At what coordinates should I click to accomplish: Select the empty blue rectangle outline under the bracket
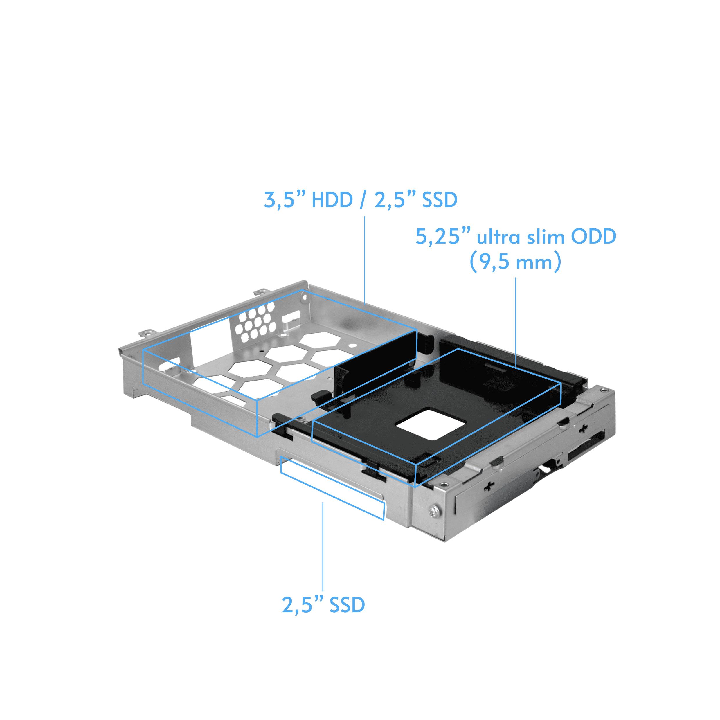[x=332, y=491]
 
